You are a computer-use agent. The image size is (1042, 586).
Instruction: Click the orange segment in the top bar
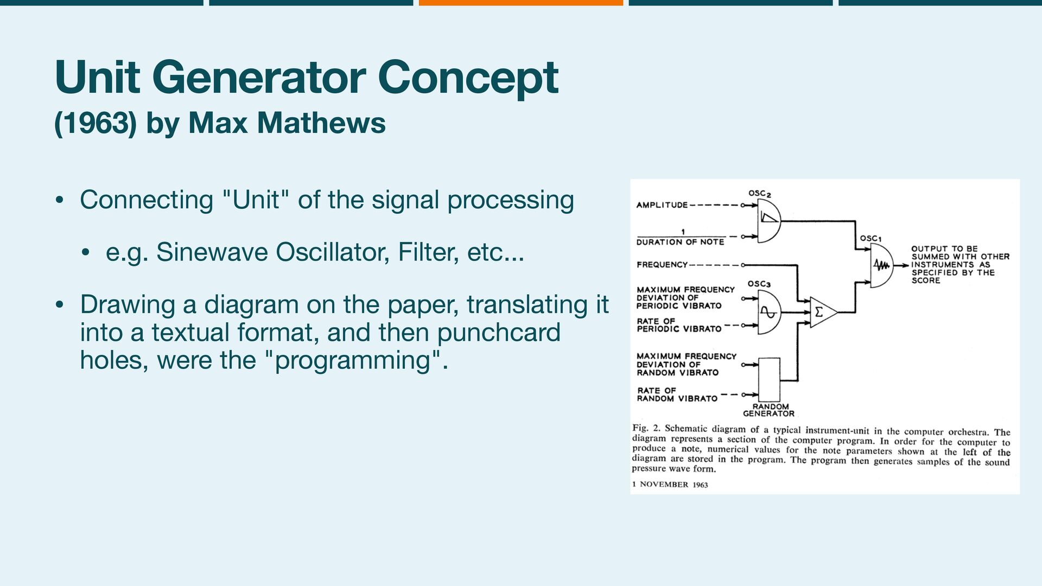click(x=520, y=3)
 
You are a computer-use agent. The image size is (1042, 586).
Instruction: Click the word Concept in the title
click(x=468, y=77)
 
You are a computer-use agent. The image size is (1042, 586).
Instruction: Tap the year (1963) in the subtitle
click(x=95, y=123)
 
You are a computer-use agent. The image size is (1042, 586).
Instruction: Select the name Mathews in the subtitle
click(x=321, y=123)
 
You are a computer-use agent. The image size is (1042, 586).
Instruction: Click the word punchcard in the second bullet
click(x=499, y=333)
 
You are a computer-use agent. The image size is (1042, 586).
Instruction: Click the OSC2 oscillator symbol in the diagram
click(x=768, y=220)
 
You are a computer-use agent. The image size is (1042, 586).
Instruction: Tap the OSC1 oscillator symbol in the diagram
click(x=881, y=265)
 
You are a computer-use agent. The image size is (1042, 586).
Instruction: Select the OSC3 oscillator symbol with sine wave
click(x=768, y=313)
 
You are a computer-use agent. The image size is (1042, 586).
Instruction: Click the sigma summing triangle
click(x=822, y=313)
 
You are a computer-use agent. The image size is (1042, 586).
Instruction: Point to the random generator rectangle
click(x=769, y=379)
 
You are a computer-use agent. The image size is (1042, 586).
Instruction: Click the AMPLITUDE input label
click(x=662, y=205)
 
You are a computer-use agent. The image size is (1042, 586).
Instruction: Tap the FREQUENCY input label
click(x=662, y=265)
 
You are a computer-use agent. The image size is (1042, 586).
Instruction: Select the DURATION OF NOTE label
click(x=680, y=242)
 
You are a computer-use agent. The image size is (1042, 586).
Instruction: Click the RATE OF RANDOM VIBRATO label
click(x=677, y=394)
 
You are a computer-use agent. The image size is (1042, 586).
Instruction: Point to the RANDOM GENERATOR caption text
click(x=769, y=410)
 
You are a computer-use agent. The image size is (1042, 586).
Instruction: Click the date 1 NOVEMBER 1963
click(x=670, y=485)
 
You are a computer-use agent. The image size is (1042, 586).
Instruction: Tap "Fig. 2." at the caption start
click(x=646, y=428)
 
